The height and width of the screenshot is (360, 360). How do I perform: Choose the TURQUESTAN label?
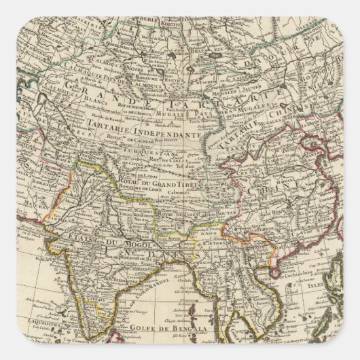[x=166, y=155]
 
